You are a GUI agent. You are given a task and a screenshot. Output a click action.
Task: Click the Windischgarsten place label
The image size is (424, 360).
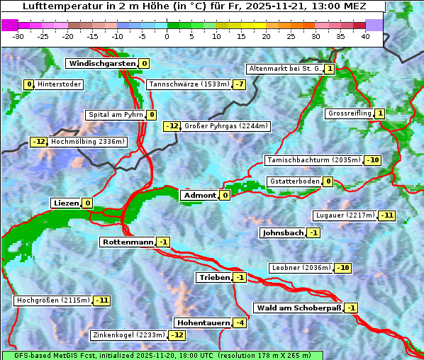point(101,64)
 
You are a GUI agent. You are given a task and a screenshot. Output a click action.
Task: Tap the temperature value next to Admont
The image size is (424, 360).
point(225,195)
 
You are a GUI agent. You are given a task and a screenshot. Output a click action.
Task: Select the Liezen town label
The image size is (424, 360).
point(66,203)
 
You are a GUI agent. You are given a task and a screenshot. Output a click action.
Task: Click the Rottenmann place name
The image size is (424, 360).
point(128,242)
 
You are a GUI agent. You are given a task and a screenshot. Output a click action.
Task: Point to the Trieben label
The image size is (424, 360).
point(214,277)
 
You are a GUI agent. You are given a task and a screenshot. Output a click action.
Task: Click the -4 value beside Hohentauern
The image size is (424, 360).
point(240,323)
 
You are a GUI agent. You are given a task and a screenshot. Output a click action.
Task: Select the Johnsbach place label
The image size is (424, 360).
point(283,232)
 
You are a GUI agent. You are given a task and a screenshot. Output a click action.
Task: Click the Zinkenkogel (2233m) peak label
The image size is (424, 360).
point(128,335)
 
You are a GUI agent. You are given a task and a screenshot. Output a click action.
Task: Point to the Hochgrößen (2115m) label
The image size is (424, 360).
point(53,300)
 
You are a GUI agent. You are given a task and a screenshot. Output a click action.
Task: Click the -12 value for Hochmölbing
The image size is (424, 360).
point(38,142)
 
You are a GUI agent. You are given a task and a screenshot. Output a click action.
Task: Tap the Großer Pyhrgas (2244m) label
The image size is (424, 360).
point(225,126)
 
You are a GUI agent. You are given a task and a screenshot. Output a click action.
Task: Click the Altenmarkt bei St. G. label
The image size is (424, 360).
point(284,69)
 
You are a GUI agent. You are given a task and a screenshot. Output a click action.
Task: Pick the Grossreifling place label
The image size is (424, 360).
point(350,113)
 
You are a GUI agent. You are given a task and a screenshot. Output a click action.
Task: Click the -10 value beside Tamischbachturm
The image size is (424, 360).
point(372,160)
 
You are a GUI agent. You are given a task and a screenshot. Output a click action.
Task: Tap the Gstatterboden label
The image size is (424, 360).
point(294,181)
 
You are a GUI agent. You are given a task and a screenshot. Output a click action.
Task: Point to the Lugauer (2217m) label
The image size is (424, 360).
point(345,215)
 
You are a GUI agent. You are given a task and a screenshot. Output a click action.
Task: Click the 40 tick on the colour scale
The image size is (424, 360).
point(365,36)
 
